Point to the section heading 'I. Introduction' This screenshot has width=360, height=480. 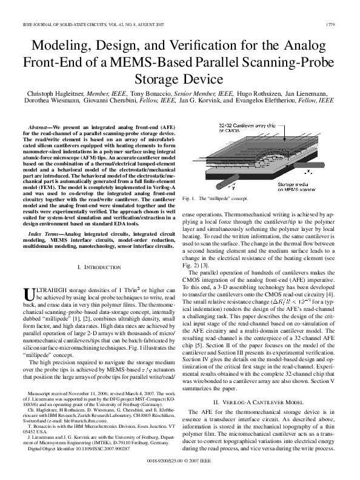(x=93, y=267)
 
